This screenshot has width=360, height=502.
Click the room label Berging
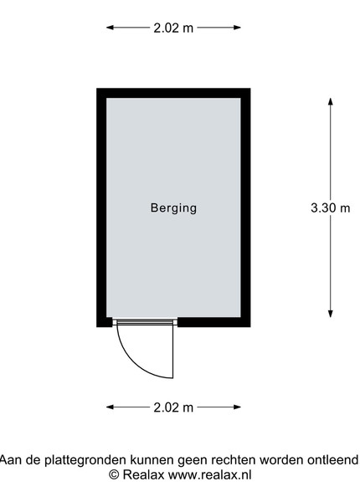tap(173, 208)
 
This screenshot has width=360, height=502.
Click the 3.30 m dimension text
tap(331, 208)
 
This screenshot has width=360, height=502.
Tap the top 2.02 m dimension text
tap(173, 28)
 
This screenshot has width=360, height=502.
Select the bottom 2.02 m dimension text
tap(173, 407)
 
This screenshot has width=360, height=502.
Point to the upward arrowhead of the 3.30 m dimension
tap(331, 101)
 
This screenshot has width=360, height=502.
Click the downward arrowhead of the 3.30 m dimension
tap(331, 314)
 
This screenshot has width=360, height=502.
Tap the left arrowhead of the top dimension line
tap(110, 28)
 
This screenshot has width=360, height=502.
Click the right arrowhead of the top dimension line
tap(237, 28)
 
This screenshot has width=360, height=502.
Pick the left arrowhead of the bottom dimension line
tap(110, 407)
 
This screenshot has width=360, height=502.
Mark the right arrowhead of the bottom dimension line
tap(237, 407)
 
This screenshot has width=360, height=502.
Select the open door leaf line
tap(173, 351)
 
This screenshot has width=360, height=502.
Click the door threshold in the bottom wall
tap(145, 321)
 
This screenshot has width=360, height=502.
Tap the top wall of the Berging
tap(173, 93)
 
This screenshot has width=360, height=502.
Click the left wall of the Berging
tap(101, 207)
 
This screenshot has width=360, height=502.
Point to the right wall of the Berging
tap(245, 207)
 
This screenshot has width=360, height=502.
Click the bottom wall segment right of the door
tap(214, 322)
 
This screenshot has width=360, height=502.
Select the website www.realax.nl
tap(210, 474)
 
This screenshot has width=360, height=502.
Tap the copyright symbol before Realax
tap(114, 474)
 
